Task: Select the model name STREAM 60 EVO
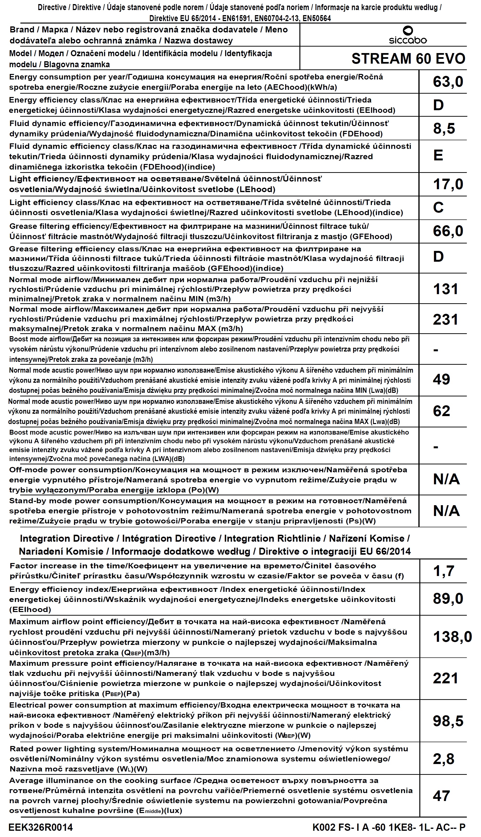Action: [408, 59]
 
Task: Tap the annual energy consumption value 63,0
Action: [448, 82]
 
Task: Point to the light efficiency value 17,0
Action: [448, 184]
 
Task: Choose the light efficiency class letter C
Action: [438, 208]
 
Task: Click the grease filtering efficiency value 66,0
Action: [448, 231]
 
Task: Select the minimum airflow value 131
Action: [445, 289]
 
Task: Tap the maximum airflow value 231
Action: [445, 320]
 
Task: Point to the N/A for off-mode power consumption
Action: [446, 479]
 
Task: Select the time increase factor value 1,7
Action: [444, 571]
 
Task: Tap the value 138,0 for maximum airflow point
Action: [452, 637]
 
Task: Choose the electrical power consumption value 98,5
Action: [448, 721]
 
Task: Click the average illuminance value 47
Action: [441, 796]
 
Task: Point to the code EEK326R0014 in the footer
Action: [41, 827]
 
